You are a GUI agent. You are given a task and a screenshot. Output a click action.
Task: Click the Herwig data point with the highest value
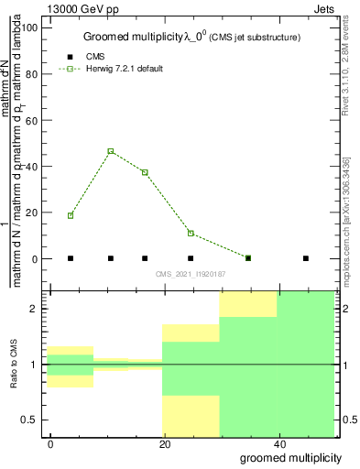[111, 151]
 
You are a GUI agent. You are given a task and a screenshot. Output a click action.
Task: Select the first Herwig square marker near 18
[71, 215]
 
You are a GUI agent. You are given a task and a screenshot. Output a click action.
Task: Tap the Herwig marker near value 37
[145, 172]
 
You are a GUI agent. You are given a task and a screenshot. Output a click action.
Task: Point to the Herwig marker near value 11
[191, 233]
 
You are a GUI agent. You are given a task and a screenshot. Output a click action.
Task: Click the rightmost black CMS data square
[306, 258]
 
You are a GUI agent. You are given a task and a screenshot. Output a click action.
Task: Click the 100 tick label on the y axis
[32, 27]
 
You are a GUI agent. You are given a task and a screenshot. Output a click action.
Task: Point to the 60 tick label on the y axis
[35, 120]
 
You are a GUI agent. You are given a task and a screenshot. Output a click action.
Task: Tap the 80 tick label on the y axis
[35, 73]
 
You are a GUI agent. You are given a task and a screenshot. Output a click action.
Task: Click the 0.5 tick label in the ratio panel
[29, 420]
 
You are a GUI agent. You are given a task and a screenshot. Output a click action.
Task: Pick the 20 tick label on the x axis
[164, 443]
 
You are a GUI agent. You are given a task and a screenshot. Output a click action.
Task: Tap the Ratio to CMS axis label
[14, 365]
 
